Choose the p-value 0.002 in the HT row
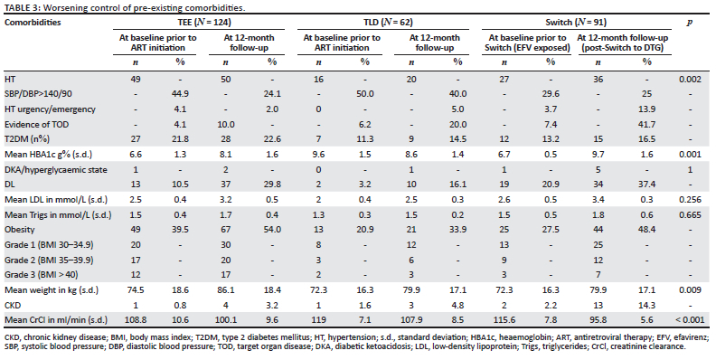pos(690,78)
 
